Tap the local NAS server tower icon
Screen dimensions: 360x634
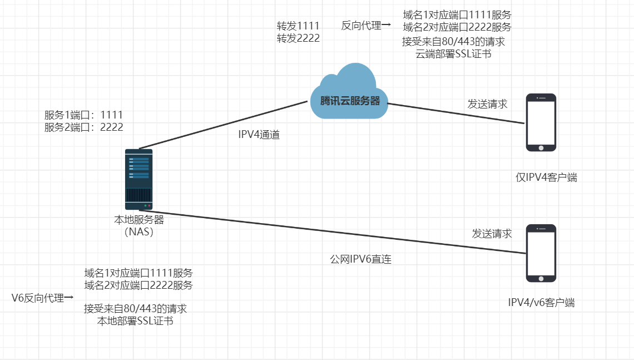pos(138,179)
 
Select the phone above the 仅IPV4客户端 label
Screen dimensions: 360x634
pos(541,122)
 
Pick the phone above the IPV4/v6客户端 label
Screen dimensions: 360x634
pos(541,254)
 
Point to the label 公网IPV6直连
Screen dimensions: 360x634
pos(361,259)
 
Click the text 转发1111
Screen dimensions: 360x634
pos(298,26)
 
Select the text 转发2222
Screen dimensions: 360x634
pos(298,38)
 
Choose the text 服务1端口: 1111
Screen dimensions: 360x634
pos(83,115)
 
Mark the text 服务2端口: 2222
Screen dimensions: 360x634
pos(83,127)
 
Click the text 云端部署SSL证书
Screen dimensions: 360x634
pos(453,54)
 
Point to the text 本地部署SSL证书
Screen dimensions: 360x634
pos(135,321)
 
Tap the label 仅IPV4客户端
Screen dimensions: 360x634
pos(546,177)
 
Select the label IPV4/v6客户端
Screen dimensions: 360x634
pos(541,303)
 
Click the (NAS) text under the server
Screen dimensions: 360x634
pos(139,232)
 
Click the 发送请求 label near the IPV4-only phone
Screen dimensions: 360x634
pos(487,104)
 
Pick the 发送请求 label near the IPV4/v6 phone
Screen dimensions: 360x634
pos(492,234)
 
